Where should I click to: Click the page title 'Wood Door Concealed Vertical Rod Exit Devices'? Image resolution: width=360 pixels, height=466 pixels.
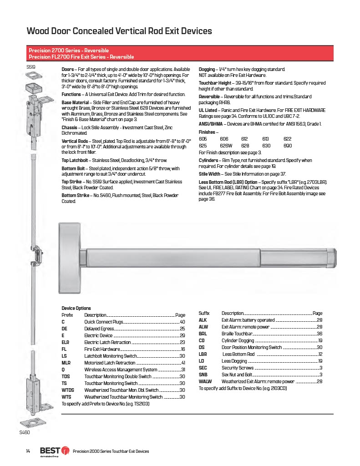(119, 31)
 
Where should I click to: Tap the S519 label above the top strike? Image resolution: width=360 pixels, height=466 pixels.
(31, 67)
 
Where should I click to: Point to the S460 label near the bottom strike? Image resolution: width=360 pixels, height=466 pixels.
(25, 432)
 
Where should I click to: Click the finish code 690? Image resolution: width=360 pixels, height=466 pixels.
(287, 146)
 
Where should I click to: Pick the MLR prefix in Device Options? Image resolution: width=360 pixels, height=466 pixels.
(66, 363)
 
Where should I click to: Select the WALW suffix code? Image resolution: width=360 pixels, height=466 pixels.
(205, 381)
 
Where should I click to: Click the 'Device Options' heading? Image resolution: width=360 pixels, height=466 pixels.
(76, 308)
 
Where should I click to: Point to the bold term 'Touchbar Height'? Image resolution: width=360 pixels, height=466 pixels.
(215, 83)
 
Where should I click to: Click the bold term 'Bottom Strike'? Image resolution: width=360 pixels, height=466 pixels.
(75, 195)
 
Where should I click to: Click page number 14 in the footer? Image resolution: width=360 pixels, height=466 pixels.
(28, 451)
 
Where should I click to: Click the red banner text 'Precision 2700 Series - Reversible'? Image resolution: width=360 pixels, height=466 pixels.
(69, 50)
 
